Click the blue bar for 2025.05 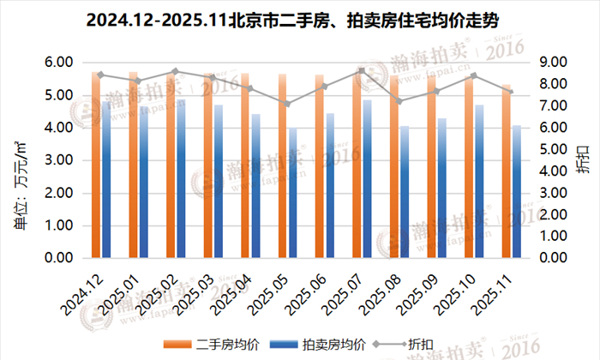[x=293, y=194]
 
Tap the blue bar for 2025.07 [x=368, y=179]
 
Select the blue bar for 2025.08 [x=405, y=193]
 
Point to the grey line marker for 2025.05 [x=288, y=104]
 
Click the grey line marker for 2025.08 [x=399, y=101]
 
